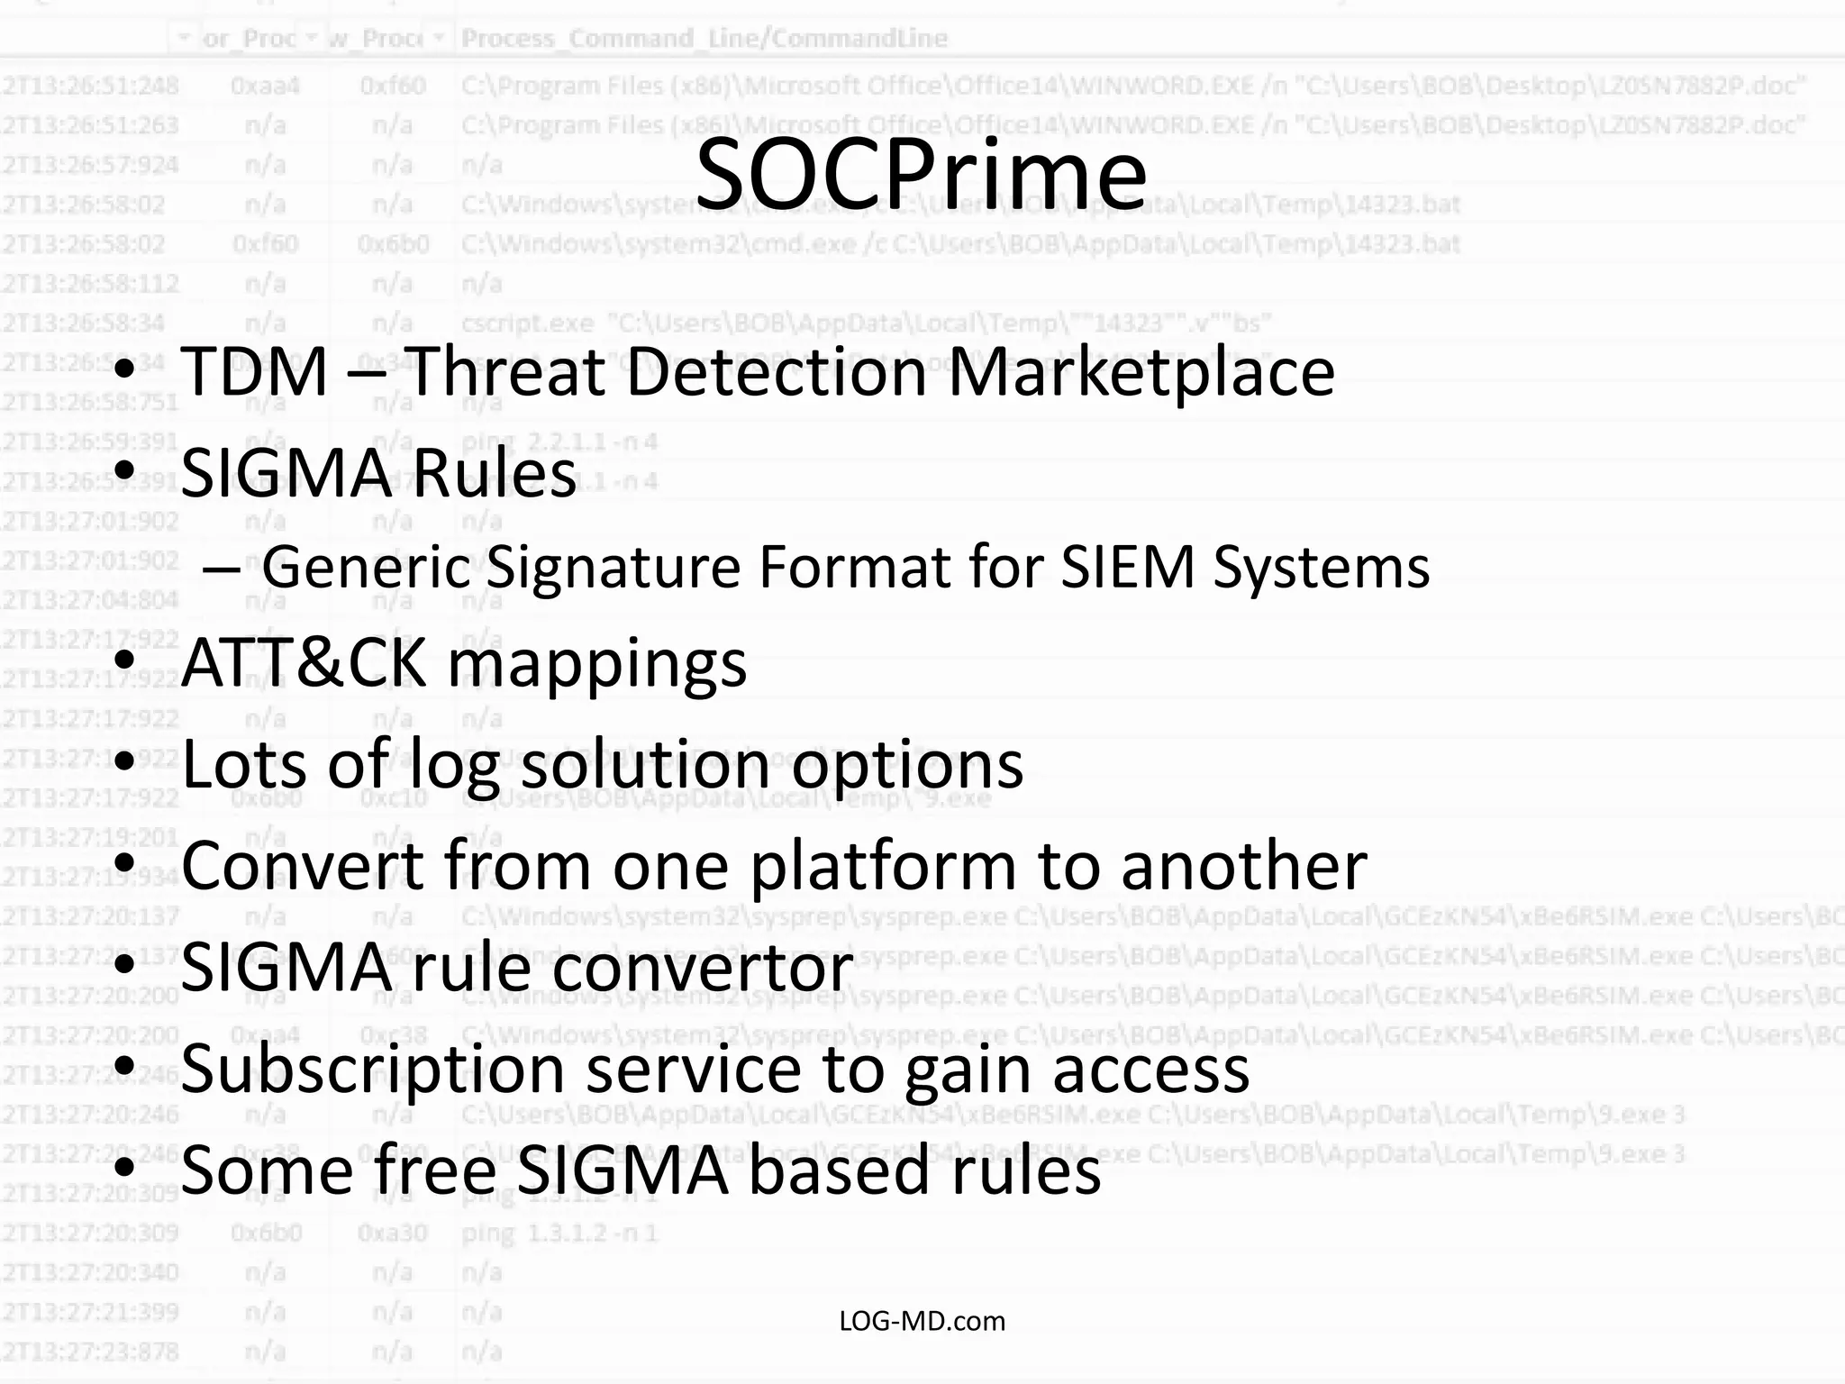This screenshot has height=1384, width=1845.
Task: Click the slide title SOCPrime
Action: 921,174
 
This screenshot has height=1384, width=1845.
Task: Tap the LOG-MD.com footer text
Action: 922,1321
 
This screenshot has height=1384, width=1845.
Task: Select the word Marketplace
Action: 1141,372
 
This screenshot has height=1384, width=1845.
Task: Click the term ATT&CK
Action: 304,663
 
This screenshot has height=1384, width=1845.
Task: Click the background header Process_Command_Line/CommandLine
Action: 704,39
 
